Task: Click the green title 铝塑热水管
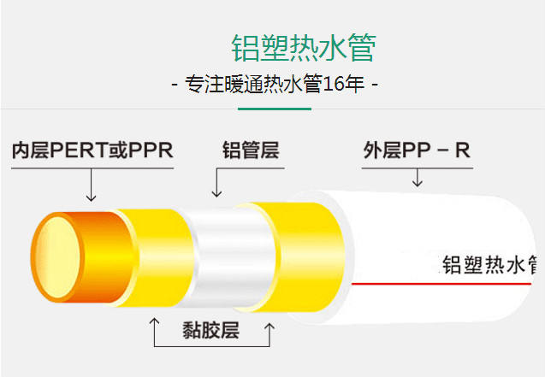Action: (x=304, y=48)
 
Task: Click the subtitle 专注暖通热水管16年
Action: (x=275, y=84)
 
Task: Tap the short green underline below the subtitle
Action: (x=275, y=109)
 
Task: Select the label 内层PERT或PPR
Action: (x=92, y=150)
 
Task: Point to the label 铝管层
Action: (x=251, y=150)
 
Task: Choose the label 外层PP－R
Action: (x=417, y=150)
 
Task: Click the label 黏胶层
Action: (x=211, y=330)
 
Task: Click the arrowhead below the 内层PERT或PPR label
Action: (x=91, y=198)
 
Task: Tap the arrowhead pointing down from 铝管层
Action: (x=217, y=194)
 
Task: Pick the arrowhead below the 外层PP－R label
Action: (x=418, y=183)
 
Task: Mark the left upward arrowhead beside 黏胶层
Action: (x=154, y=321)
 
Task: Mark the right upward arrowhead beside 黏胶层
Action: (x=270, y=327)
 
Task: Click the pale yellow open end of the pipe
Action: (x=57, y=257)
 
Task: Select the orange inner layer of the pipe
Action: (x=104, y=257)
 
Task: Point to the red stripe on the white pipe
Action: (x=441, y=284)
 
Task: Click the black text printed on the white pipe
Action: (x=489, y=264)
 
